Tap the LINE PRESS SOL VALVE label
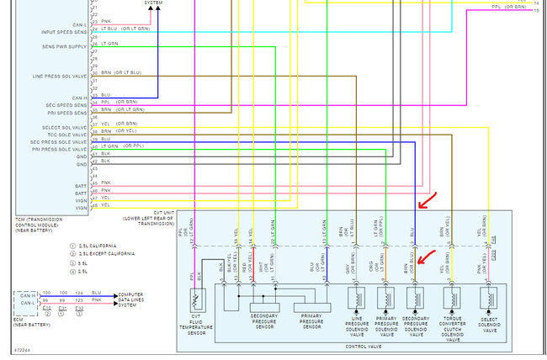point(58,77)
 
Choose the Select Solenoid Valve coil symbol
point(486,299)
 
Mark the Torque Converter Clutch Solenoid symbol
point(454,299)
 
